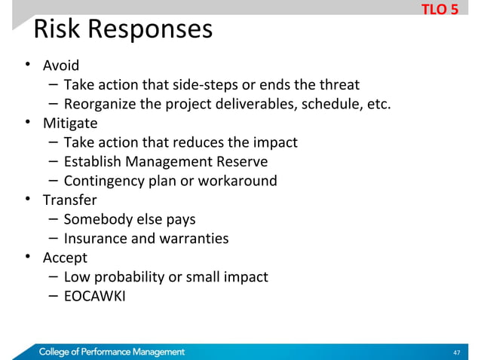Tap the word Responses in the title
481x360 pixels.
[150, 30]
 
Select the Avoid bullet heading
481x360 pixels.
[60, 66]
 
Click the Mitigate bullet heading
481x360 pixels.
[70, 123]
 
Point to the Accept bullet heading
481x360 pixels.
[65, 258]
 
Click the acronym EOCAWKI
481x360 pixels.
[95, 296]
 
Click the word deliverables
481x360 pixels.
[253, 103]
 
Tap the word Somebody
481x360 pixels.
[97, 219]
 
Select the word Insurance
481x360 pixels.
[95, 239]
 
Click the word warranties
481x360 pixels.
[197, 239]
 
